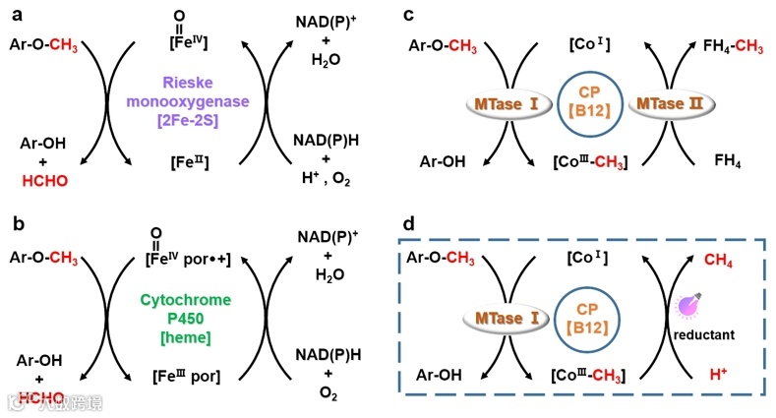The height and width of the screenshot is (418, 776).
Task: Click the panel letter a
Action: point(14,15)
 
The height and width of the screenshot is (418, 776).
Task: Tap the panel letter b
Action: point(14,224)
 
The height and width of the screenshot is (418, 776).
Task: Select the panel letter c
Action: point(407,15)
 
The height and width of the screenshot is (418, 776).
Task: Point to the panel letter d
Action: point(407,224)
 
